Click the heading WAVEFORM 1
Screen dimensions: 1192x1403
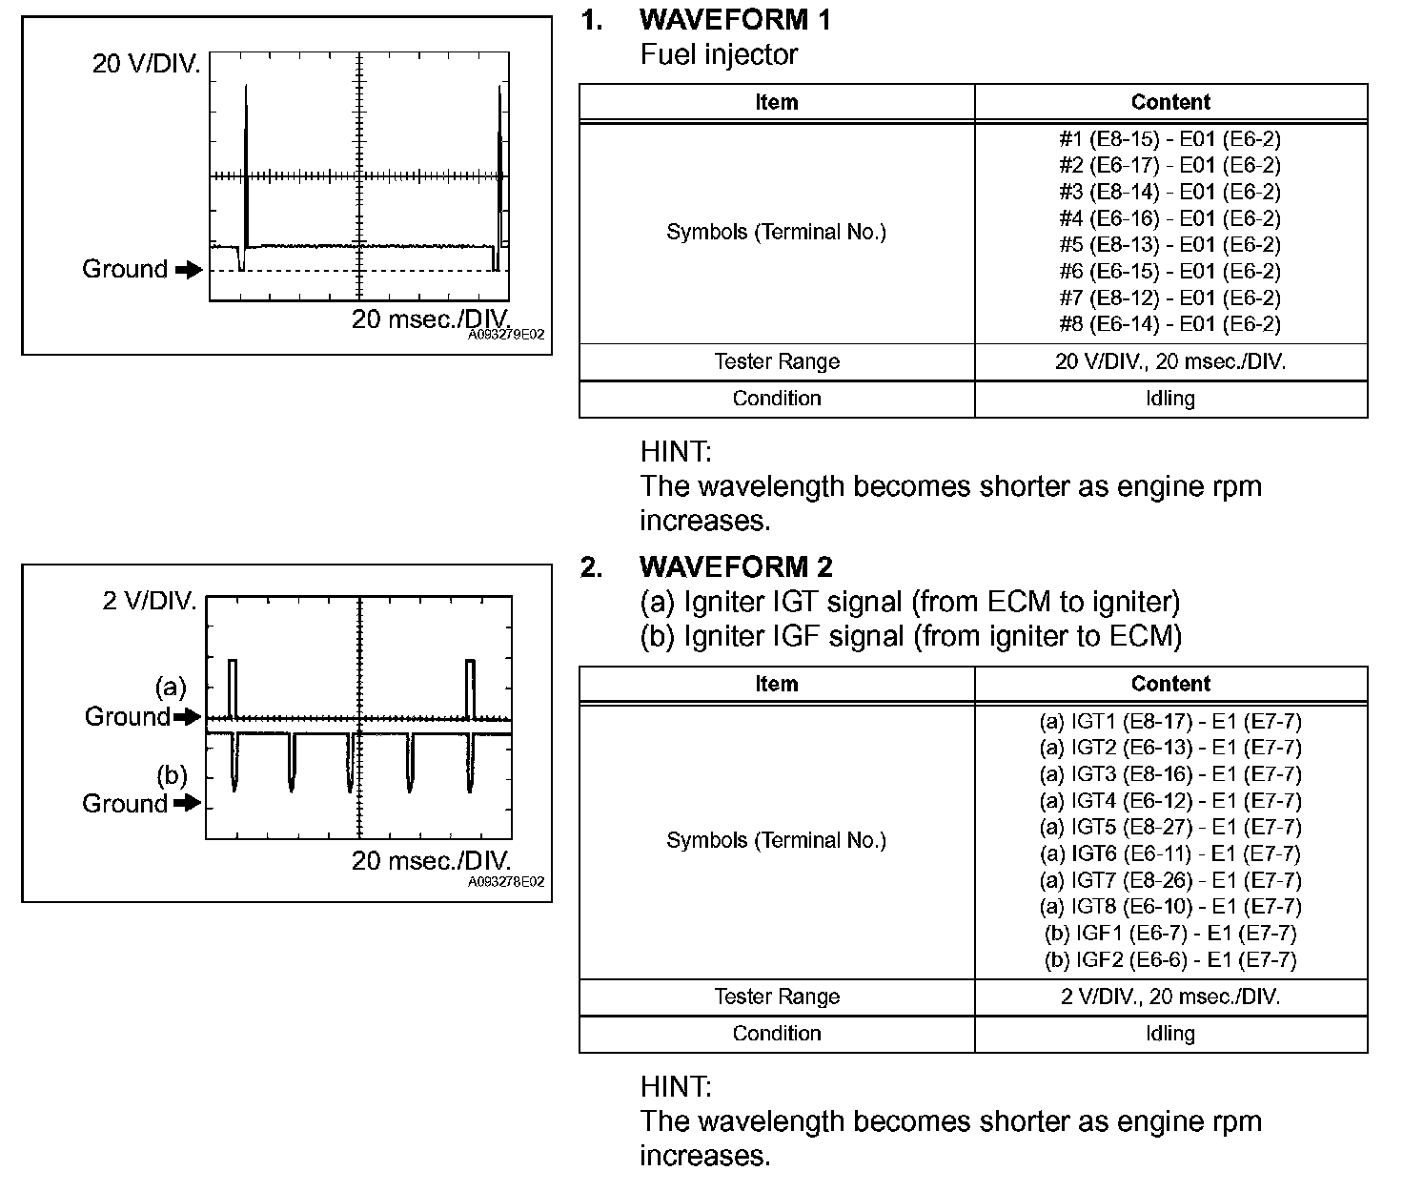[x=735, y=20]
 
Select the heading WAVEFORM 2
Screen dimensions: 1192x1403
[x=736, y=567]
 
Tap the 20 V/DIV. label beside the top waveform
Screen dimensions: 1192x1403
[x=146, y=64]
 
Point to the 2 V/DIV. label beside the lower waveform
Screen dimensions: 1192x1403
[x=150, y=602]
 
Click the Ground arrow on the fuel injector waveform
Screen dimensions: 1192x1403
[x=190, y=270]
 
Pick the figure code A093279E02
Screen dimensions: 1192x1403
[x=506, y=336]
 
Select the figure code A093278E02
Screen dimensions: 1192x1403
[x=506, y=882]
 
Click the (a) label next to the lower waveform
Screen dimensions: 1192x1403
[x=171, y=687]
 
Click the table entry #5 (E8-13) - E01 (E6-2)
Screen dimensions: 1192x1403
[x=1169, y=245]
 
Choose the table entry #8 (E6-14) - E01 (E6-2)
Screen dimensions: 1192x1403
[x=1169, y=324]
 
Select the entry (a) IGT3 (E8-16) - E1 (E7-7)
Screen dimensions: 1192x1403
[x=1169, y=774]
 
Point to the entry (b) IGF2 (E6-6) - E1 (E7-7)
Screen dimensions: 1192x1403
[x=1169, y=960]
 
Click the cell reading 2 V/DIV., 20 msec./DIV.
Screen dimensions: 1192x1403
[x=1169, y=997]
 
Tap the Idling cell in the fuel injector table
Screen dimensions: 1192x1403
[x=1169, y=399]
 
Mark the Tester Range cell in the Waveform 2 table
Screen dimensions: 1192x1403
[x=777, y=997]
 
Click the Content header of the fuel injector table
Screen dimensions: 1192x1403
[x=1169, y=102]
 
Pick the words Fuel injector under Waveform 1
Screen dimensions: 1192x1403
[x=719, y=55]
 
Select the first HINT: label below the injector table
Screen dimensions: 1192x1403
[x=676, y=451]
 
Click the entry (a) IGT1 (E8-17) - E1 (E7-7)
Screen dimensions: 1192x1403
[x=1169, y=722]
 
